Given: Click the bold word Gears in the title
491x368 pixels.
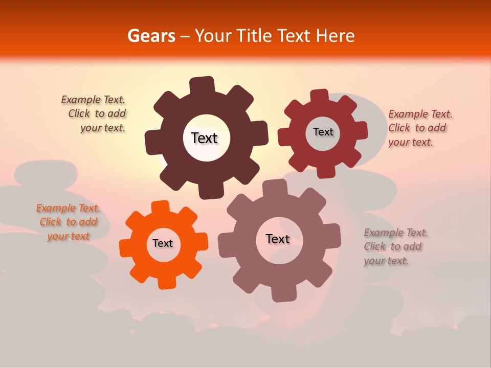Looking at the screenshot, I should click(151, 36).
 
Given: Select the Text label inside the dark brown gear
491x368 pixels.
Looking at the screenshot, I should click(204, 138).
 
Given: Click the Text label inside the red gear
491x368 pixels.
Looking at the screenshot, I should click(323, 132).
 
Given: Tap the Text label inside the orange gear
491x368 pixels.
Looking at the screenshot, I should click(163, 243).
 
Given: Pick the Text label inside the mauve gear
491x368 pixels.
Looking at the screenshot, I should click(278, 239).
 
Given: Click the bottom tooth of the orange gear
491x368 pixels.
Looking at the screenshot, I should click(166, 282).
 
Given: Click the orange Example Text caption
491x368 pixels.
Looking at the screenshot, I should click(69, 222).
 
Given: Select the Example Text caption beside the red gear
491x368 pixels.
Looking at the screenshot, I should click(420, 128).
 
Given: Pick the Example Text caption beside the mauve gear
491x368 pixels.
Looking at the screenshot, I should click(395, 246).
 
